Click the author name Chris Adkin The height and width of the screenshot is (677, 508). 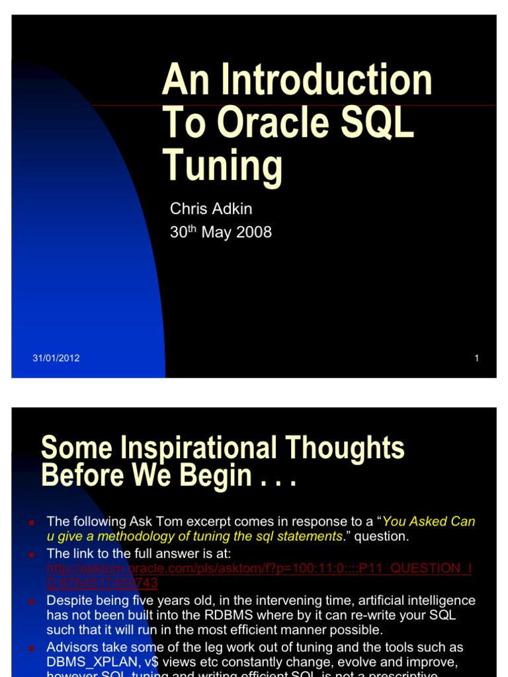[x=211, y=209]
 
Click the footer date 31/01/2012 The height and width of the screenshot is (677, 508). [x=56, y=358]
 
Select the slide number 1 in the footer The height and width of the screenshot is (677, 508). [x=476, y=358]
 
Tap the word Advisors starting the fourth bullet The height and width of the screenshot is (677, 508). [x=72, y=647]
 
